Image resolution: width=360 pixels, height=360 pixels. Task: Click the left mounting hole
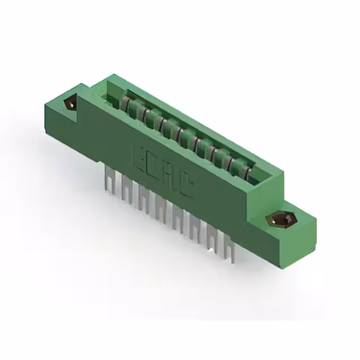pyautogui.click(x=71, y=103)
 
